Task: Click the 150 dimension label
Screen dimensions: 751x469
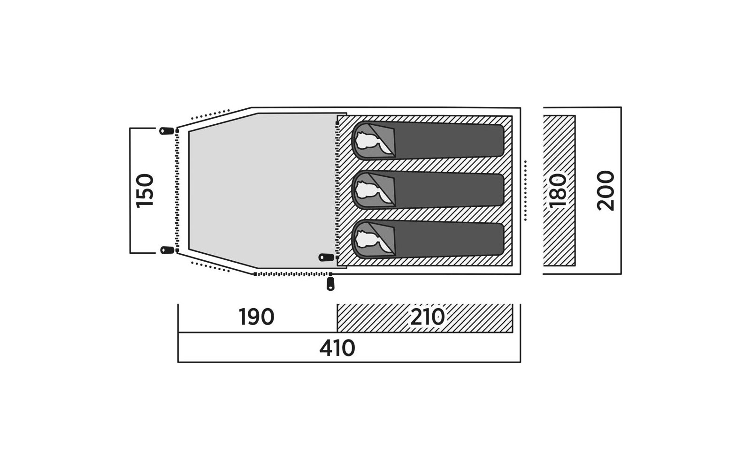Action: (145, 191)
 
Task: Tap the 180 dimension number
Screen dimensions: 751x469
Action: (558, 190)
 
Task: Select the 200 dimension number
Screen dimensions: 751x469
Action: (605, 190)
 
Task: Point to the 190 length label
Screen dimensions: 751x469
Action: (256, 317)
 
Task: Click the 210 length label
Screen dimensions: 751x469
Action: (428, 317)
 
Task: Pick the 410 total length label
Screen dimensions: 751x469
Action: (337, 348)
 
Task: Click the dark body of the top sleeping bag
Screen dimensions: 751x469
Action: (449, 140)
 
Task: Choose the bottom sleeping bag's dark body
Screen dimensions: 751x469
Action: (449, 239)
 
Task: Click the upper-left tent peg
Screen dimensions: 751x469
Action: (167, 131)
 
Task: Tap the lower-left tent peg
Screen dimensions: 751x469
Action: (167, 250)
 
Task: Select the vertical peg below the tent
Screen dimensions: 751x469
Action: (330, 283)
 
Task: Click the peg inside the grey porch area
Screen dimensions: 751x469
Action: (326, 257)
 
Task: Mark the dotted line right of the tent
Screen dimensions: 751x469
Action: (525, 190)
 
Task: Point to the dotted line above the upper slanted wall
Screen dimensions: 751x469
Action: (210, 114)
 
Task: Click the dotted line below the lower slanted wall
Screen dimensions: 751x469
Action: (210, 267)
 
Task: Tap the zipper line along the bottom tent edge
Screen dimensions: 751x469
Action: (293, 274)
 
